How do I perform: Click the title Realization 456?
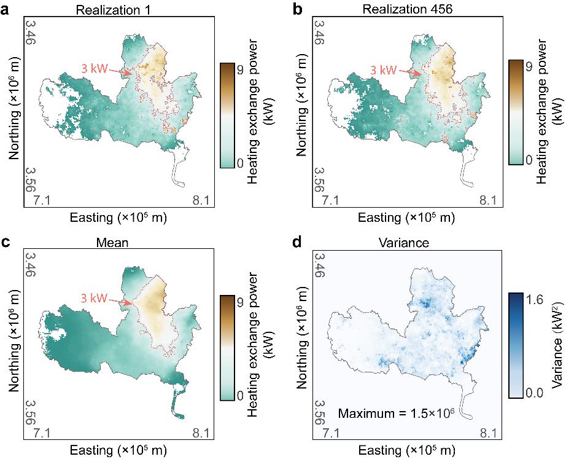(x=407, y=9)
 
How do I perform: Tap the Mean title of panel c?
(x=112, y=242)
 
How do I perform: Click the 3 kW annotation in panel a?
(x=94, y=68)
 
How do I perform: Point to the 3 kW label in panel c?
(x=94, y=298)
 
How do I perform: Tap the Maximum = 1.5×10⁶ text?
(x=395, y=413)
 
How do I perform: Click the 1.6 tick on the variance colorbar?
(x=534, y=300)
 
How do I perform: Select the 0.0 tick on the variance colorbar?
(x=534, y=393)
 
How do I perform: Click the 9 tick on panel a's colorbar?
(x=240, y=71)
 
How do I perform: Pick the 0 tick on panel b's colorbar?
(x=529, y=159)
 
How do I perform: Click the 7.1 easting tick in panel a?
(x=42, y=200)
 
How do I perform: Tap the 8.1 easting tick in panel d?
(x=488, y=433)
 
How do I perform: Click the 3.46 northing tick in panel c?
(x=30, y=265)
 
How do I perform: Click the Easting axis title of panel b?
(x=406, y=218)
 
